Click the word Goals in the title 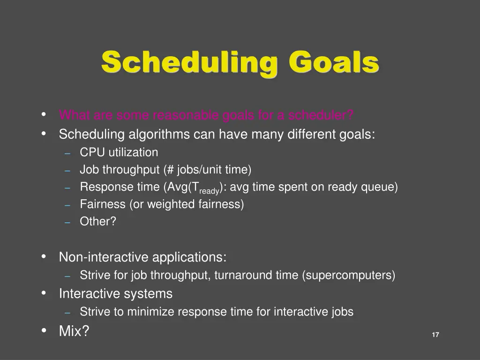333,62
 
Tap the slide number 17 435,335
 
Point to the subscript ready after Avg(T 209,191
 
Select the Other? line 97,221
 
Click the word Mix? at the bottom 74,331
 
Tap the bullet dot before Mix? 44,330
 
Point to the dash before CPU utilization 67,153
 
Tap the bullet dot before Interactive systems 44,293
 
